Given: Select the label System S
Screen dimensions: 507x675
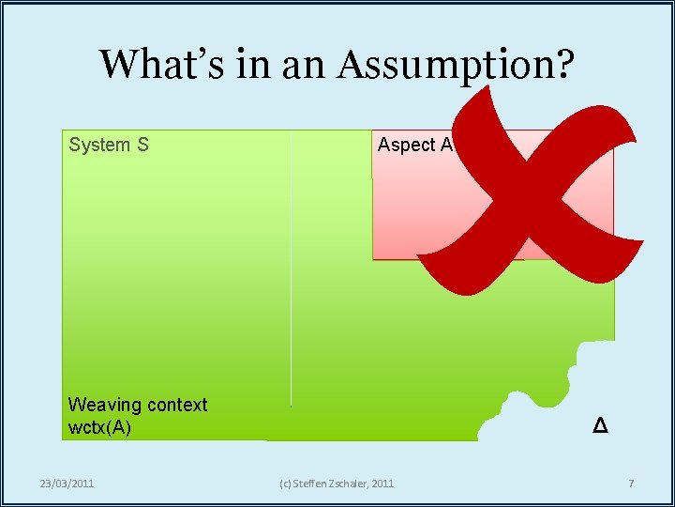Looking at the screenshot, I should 109,145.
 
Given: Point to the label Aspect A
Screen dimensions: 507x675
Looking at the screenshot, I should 415,145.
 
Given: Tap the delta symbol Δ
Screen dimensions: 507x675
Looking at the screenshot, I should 601,426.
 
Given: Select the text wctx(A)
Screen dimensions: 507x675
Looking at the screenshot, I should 100,427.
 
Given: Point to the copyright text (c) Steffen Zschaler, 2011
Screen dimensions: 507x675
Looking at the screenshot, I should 337,484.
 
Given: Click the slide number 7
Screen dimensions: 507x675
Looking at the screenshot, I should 631,484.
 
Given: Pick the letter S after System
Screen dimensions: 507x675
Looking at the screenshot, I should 143,145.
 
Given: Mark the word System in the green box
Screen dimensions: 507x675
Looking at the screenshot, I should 99,145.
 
